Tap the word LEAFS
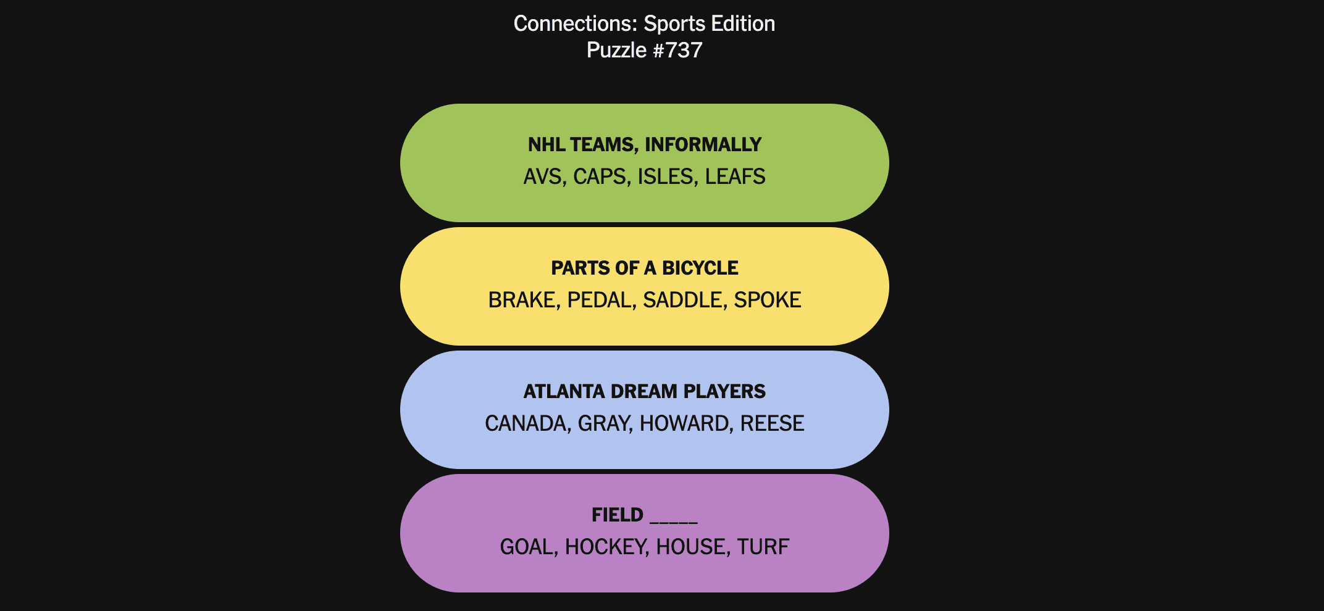coord(735,177)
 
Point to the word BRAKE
coord(522,301)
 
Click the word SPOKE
coord(768,301)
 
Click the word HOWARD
coord(685,424)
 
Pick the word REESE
coord(773,424)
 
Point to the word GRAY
coord(604,424)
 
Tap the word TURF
coord(763,547)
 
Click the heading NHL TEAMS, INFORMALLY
coord(645,145)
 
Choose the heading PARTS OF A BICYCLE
coord(645,268)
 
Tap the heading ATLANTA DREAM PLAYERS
coord(645,392)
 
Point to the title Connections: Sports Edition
coord(645,23)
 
